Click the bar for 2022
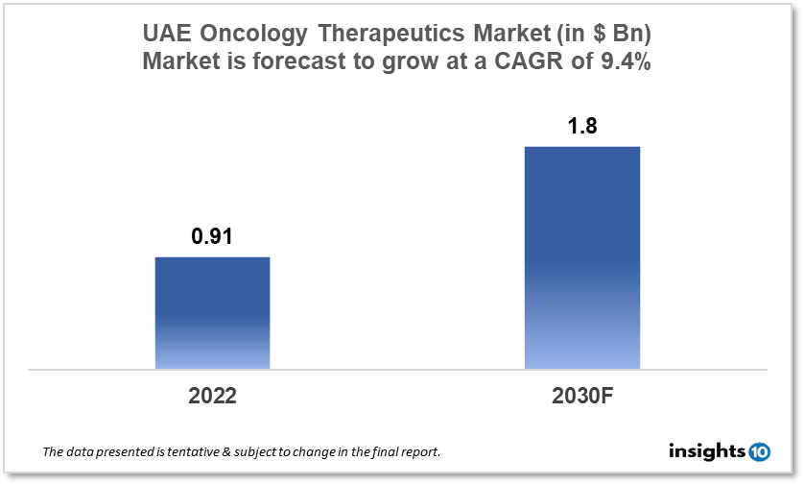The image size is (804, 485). click(x=212, y=312)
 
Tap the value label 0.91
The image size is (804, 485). click(x=212, y=236)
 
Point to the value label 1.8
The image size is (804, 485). click(x=581, y=126)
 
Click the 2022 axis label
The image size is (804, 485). click(x=212, y=396)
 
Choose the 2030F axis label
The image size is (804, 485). click(x=581, y=396)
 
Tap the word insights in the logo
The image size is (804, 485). click(x=706, y=449)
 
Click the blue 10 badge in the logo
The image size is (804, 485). click(x=759, y=450)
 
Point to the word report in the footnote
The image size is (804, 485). click(x=418, y=451)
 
